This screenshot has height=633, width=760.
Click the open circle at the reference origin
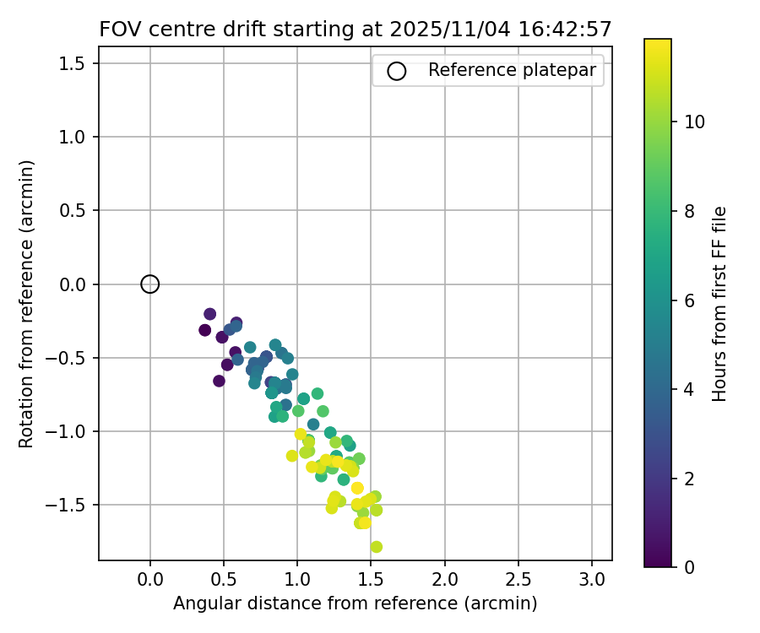[x=149, y=284]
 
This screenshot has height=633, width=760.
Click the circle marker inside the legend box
[x=397, y=71]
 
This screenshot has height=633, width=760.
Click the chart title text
[x=356, y=29]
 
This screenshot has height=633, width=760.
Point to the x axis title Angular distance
[x=356, y=603]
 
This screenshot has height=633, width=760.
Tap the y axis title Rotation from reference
[x=26, y=303]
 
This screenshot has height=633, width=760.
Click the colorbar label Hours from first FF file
[x=719, y=303]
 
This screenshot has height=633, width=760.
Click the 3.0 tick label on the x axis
[x=592, y=580]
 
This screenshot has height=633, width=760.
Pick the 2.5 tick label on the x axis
[x=518, y=580]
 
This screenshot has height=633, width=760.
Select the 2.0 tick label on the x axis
[x=444, y=580]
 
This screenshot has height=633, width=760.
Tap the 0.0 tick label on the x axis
[x=150, y=580]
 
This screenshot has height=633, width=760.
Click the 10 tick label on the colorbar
[x=694, y=122]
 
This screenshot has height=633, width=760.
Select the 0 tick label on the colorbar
[x=689, y=567]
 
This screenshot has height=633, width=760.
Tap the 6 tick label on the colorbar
[x=689, y=300]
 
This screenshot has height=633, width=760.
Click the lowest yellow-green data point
[x=376, y=547]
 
